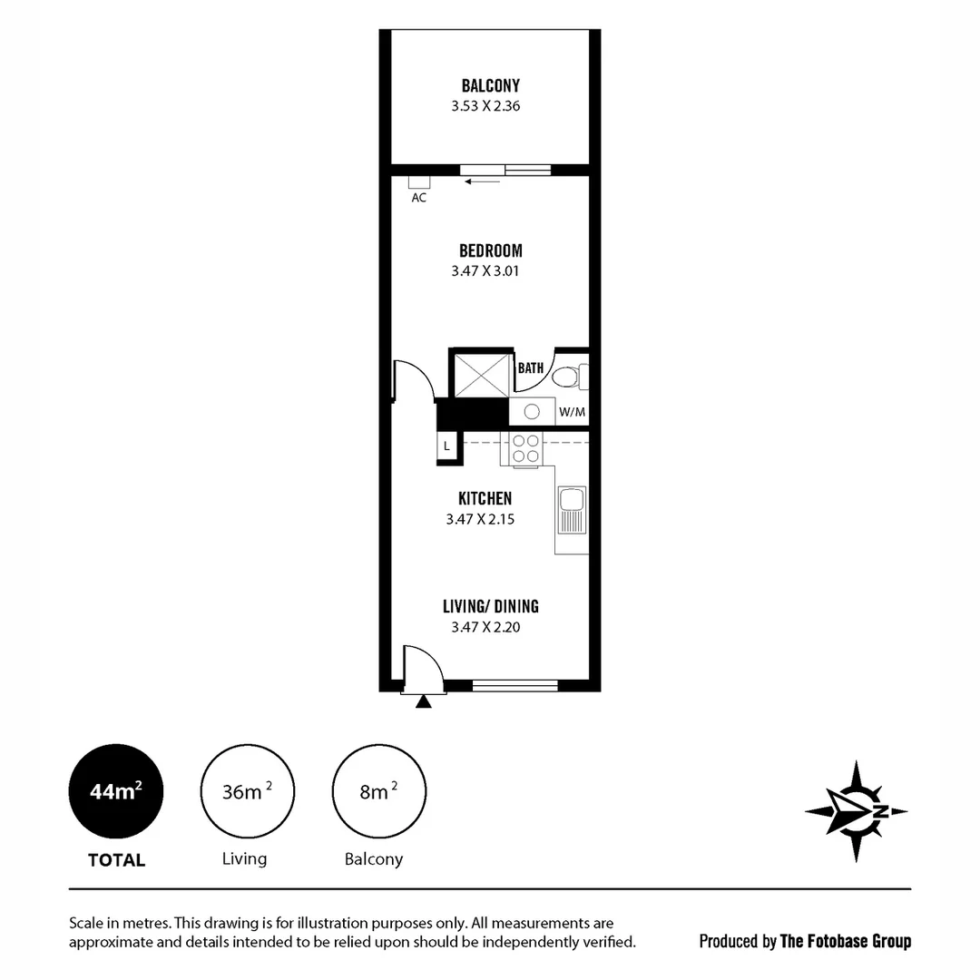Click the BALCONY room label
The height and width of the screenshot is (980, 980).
pos(490,86)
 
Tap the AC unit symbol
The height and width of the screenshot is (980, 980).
pos(418,181)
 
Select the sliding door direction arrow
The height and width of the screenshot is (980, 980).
pos(482,182)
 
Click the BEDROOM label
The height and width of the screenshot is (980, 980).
pos(490,251)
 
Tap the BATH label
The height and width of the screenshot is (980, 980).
pos(531,368)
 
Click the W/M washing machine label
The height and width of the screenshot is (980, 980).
pos(572,412)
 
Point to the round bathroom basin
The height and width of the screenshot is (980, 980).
pos(532,412)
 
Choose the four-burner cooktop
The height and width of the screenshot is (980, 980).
pos(525,449)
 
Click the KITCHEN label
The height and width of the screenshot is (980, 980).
pos(485,499)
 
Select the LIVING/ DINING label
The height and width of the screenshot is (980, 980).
pos(490,607)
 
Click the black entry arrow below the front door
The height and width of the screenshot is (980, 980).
pos(423,701)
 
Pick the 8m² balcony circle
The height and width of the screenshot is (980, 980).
pos(378,792)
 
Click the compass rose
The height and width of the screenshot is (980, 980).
pos(856,811)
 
